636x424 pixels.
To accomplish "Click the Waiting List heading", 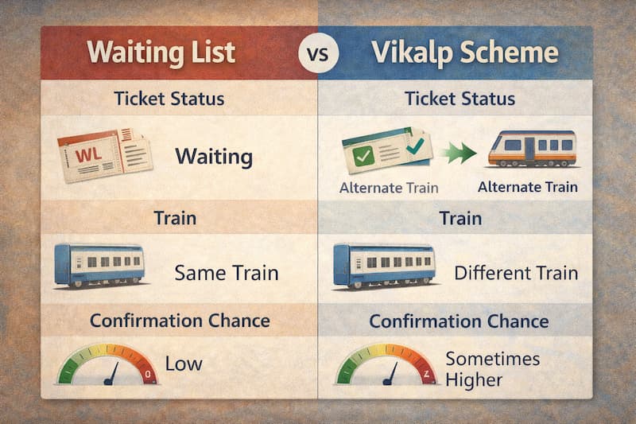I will (x=161, y=52).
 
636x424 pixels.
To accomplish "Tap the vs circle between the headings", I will (x=318, y=54).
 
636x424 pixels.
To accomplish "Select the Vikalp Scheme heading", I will (x=464, y=52).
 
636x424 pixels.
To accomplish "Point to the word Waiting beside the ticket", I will (x=213, y=155).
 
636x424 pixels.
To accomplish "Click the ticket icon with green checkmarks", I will (x=386, y=147).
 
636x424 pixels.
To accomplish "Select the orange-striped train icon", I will (x=532, y=148).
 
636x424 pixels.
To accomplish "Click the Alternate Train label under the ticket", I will (x=390, y=188).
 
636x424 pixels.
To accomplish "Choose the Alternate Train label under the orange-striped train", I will (x=528, y=187).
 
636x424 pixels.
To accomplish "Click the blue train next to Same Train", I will (x=99, y=266).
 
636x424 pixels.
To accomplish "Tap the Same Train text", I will (x=227, y=274).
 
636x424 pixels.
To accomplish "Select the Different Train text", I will (x=516, y=274).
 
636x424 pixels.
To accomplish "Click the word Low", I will (x=184, y=364).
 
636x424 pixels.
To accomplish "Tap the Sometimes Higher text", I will (x=491, y=369).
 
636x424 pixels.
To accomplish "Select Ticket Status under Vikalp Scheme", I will (x=460, y=99).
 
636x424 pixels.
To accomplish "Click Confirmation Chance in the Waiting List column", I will (x=180, y=321).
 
